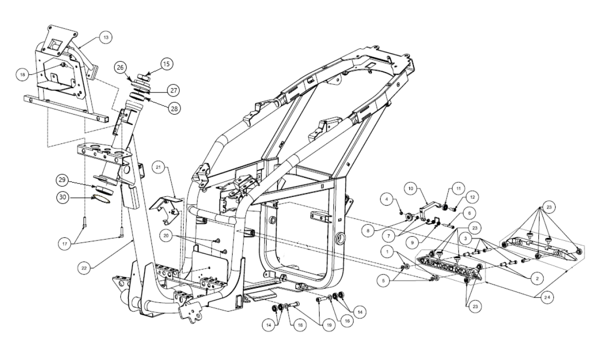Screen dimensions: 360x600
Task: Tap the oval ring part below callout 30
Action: pyautogui.click(x=101, y=198)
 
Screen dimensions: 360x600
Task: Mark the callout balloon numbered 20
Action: pyautogui.click(x=167, y=234)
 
